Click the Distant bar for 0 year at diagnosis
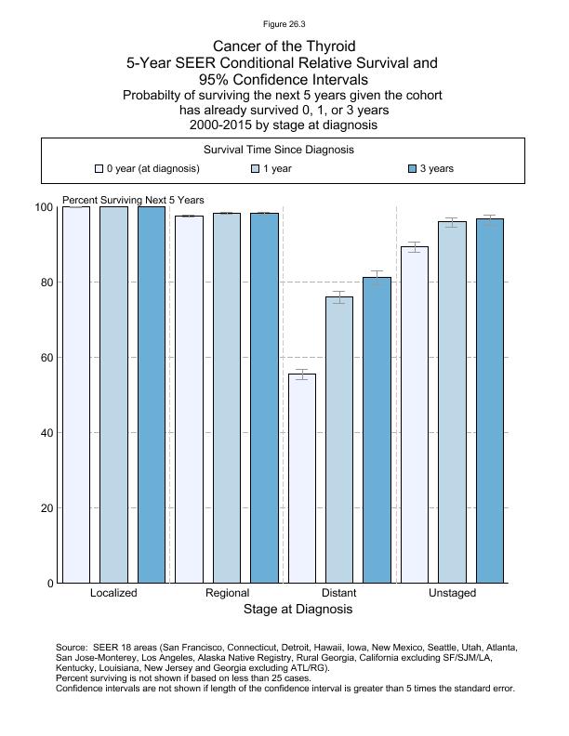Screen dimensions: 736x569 (302, 479)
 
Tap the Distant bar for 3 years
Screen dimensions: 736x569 (377, 430)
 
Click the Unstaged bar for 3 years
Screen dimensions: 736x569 (489, 401)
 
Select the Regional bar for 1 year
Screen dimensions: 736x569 (227, 398)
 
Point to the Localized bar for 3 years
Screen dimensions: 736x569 (151, 395)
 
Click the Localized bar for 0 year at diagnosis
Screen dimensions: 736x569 (76, 395)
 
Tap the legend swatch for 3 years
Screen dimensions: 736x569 (413, 169)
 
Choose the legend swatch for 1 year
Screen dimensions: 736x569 (256, 169)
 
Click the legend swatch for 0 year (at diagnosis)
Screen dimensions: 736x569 (99, 169)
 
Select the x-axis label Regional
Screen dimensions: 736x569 (227, 593)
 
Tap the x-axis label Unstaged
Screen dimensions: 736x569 (452, 593)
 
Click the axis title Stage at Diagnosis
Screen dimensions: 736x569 (298, 610)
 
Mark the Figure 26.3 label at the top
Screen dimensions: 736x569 (284, 24)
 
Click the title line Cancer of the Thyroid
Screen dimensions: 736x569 (284, 46)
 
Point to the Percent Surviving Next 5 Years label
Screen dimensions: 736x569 (133, 201)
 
